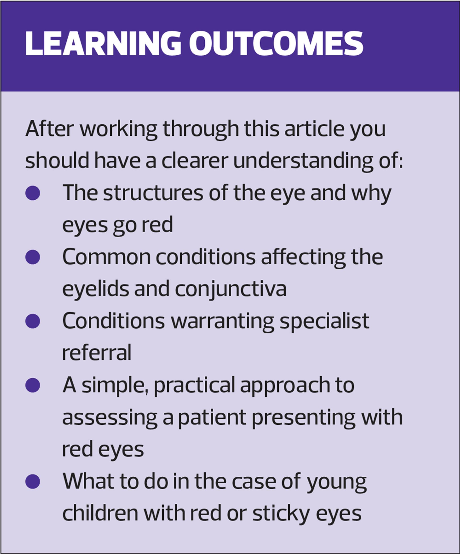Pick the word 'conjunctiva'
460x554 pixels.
[230, 289]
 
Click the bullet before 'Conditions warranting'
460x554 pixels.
[33, 321]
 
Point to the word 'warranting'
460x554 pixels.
[222, 322]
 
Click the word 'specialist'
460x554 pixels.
[324, 322]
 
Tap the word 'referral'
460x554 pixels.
[97, 353]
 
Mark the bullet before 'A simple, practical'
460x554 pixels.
[33, 385]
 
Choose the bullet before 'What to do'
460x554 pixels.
[33, 482]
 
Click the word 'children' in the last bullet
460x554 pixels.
[100, 513]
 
